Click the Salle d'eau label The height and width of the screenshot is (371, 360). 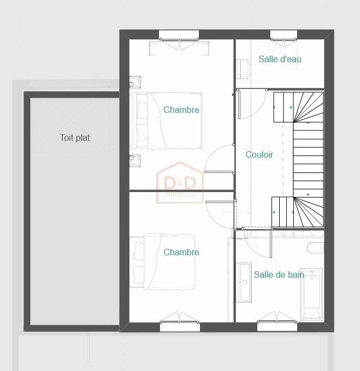coord(280,59)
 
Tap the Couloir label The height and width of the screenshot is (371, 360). coord(259,154)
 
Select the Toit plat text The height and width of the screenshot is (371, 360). coord(75,137)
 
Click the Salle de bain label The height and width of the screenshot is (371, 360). coord(279,274)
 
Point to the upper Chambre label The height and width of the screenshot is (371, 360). coord(181,110)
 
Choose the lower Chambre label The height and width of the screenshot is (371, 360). coord(181,252)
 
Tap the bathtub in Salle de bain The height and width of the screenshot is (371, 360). coord(312,295)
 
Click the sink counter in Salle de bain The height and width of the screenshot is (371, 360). coord(244,282)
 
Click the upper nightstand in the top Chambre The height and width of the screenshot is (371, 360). coord(135,82)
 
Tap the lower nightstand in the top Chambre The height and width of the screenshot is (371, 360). coord(135,160)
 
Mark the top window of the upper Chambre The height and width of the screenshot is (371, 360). coord(179,36)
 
